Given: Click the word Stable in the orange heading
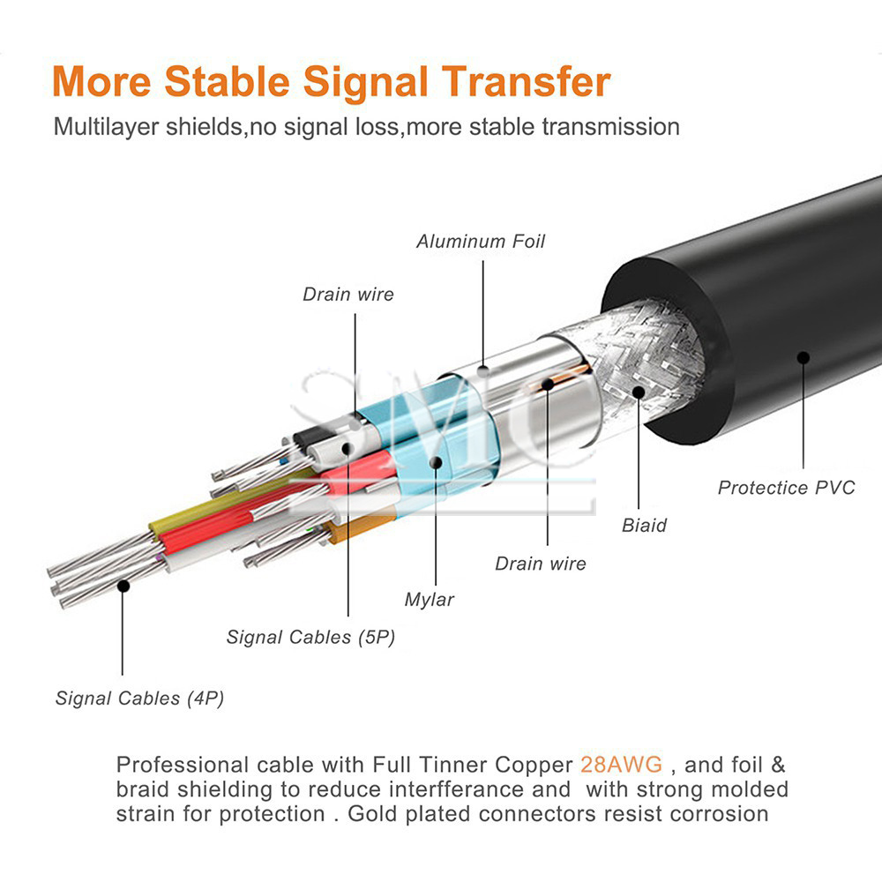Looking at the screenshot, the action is tap(228, 81).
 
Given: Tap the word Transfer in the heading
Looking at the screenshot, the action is tap(526, 81).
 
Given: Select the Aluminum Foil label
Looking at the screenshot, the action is tap(481, 242).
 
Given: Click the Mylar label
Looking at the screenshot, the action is tap(430, 600).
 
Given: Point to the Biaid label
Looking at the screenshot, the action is tap(644, 526).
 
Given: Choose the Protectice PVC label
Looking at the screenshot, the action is tap(787, 487).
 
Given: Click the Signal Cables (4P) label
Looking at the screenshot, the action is tap(139, 698).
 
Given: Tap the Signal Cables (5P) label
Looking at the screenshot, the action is tap(310, 637).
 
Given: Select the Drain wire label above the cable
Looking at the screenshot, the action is tap(348, 295).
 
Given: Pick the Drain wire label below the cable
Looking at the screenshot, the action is tap(541, 564).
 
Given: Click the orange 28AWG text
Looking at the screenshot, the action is tap(622, 765).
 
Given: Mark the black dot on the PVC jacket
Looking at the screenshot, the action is tap(804, 357).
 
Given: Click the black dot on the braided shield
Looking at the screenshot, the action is tap(639, 392).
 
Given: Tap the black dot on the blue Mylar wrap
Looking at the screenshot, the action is tap(436, 462).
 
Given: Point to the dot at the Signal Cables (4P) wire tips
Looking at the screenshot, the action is tap(123, 587).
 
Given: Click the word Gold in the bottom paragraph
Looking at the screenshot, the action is tap(372, 813).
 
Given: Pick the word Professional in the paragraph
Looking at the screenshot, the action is tap(183, 765).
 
